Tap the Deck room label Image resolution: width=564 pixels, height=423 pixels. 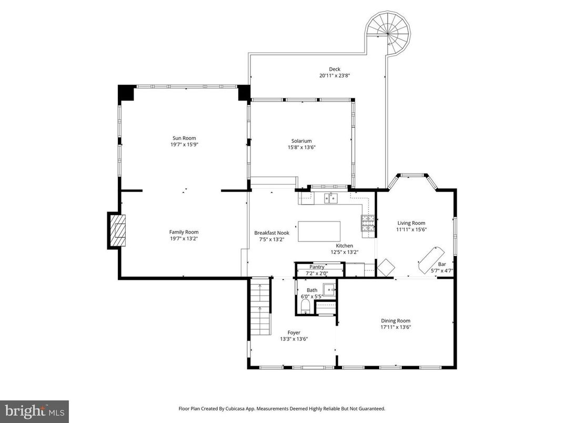[335, 69]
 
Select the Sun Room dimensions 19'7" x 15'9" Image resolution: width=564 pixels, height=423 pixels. [184, 145]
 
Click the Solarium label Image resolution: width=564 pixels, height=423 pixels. [302, 140]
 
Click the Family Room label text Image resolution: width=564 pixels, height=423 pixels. [184, 232]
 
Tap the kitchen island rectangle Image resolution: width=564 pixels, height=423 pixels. [319, 231]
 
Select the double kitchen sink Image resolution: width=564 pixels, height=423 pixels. [331, 198]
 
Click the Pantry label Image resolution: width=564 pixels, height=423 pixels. [317, 267]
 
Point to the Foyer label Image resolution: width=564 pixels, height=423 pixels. [294, 333]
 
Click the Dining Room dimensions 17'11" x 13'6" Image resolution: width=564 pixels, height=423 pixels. [396, 327]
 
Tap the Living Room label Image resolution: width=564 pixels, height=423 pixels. [411, 223]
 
